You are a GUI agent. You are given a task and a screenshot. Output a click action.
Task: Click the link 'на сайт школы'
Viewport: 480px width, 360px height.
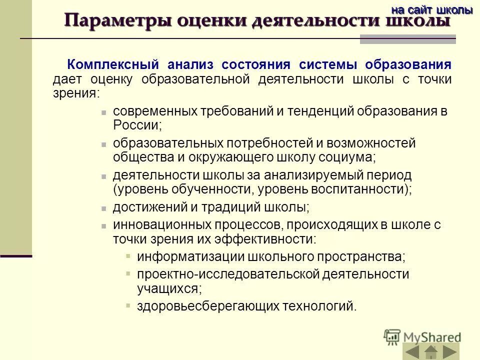[431, 9]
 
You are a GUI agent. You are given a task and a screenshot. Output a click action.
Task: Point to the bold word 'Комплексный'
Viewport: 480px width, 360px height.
[113, 64]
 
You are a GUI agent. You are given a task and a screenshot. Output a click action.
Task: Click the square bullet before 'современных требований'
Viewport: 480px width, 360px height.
[103, 112]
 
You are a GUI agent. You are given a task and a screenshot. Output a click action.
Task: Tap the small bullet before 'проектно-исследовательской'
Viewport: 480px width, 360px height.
[128, 274]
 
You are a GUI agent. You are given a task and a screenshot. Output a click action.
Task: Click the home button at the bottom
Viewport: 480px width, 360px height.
[431, 351]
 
